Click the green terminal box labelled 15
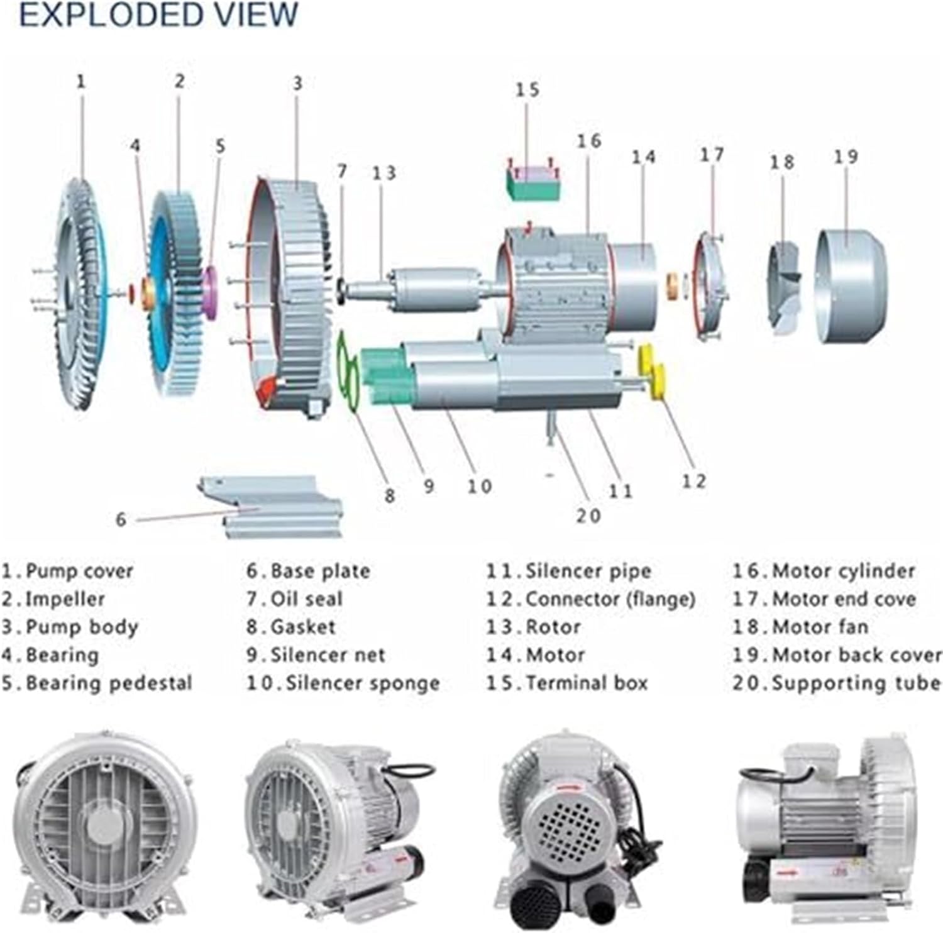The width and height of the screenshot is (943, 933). tap(533, 182)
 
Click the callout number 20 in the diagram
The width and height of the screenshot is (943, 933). tap(589, 516)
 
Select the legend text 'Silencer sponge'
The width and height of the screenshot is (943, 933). tap(363, 683)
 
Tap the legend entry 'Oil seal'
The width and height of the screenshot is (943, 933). tap(306, 599)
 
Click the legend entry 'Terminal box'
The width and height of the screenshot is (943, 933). tap(586, 683)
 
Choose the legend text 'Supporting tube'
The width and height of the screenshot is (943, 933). tap(856, 683)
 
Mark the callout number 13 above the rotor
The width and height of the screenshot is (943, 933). tap(383, 172)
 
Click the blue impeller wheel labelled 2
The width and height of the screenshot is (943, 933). tap(176, 292)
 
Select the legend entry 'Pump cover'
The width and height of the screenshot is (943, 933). tap(79, 571)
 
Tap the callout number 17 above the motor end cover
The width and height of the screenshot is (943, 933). tap(712, 154)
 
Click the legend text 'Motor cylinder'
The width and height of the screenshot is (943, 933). tap(843, 571)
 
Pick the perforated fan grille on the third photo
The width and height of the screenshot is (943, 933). tap(570, 817)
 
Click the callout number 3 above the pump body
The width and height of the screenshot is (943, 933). tap(297, 83)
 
